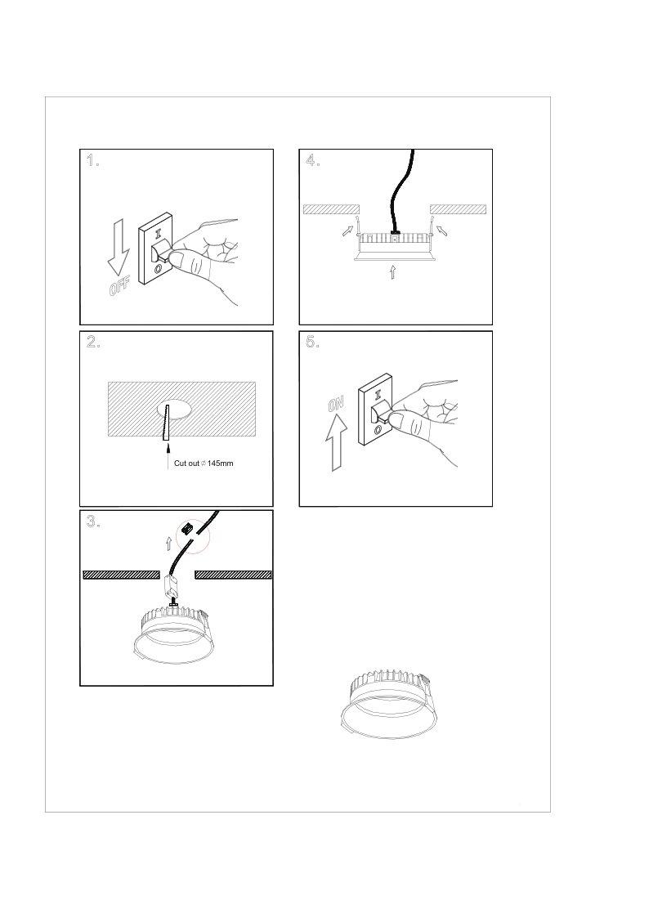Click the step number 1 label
(92, 160)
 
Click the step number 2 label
(93, 342)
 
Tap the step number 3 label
(93, 521)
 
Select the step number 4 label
(312, 160)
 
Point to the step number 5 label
(312, 342)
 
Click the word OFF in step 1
(119, 286)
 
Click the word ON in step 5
(337, 404)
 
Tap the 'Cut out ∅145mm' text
(204, 463)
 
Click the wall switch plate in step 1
(154, 249)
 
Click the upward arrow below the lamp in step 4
(392, 271)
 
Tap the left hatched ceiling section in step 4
(331, 209)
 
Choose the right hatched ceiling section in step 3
(233, 575)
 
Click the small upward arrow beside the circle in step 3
(169, 543)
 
